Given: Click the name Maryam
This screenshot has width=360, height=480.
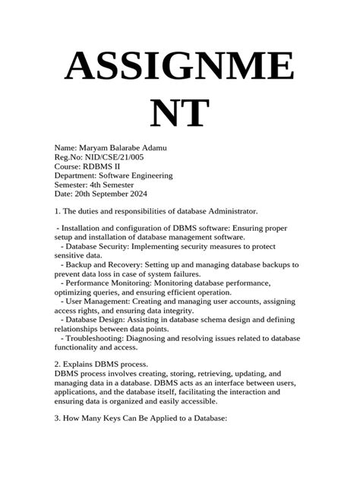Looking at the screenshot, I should click(x=96, y=147).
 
